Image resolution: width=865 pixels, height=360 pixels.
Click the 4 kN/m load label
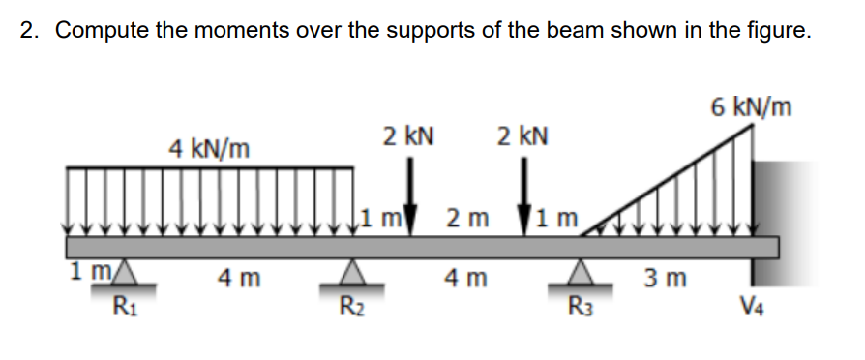tap(209, 149)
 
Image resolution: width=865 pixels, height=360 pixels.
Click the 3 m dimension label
tap(667, 281)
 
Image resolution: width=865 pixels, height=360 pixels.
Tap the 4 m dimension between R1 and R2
tap(239, 281)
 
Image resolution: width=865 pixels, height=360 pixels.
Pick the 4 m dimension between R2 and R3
tap(466, 281)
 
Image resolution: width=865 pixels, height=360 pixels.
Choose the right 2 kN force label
tap(522, 135)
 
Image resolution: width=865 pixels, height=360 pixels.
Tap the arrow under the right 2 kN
tap(527, 193)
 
